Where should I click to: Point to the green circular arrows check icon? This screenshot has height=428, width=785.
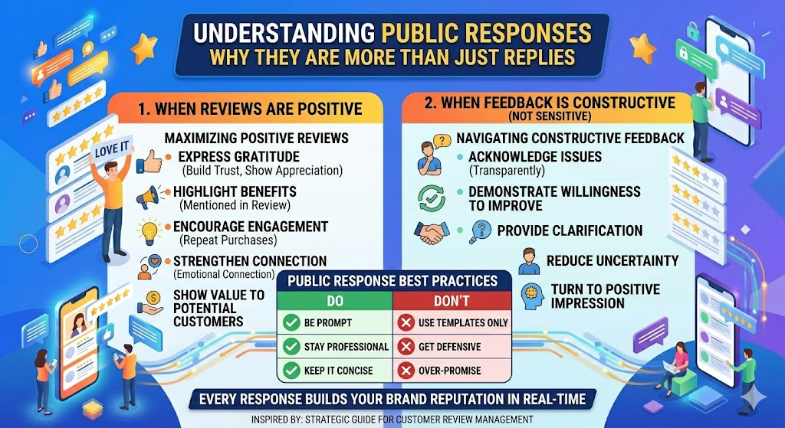[430, 197]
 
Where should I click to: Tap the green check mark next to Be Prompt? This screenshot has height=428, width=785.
[291, 322]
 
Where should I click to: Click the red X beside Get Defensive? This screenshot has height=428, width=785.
[404, 347]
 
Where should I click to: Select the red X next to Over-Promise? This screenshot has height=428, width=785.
[404, 371]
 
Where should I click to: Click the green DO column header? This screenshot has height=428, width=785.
[334, 300]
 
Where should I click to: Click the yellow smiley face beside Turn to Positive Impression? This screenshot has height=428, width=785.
[530, 295]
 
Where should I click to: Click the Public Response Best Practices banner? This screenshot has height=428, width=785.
[392, 281]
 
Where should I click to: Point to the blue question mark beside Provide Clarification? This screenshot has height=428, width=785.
[479, 230]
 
